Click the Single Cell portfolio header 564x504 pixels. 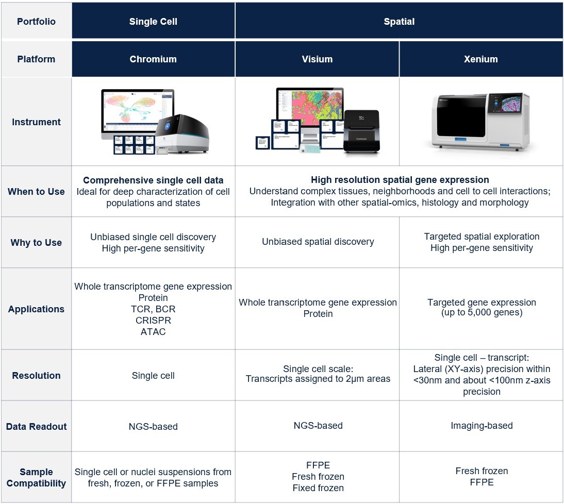tap(153, 22)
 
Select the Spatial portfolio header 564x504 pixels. tap(399, 22)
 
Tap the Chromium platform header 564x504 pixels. tap(153, 59)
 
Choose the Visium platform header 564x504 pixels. tap(317, 59)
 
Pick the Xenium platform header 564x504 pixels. tap(481, 59)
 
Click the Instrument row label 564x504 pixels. tap(36, 122)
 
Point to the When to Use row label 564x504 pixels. tap(36, 192)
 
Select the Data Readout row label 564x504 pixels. tap(36, 427)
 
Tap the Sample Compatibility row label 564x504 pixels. tap(36, 478)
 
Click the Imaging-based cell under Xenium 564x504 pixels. tap(482, 426)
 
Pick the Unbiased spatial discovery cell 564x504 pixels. tap(318, 242)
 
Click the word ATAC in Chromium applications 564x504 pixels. tap(153, 332)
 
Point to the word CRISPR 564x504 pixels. tap(153, 321)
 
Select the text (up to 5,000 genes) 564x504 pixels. tap(482, 313)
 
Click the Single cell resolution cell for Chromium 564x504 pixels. tap(153, 376)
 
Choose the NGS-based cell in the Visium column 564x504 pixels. tap(318, 426)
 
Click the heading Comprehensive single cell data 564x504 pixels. tap(153, 180)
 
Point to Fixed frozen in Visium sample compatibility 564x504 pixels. tap(318, 488)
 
